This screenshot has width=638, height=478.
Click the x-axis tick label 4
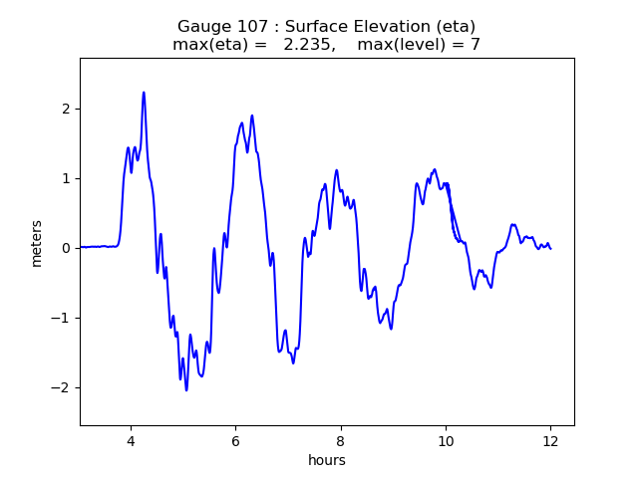130,442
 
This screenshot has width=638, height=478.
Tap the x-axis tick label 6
235,442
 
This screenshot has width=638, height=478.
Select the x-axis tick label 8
340,442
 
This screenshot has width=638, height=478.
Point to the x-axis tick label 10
446,442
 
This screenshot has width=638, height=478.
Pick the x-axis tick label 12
550,442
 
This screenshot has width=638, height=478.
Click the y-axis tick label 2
66,109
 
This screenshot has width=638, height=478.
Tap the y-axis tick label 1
66,178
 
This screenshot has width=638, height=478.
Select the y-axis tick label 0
66,248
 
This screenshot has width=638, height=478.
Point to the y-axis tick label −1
62,318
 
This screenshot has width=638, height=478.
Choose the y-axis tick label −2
62,387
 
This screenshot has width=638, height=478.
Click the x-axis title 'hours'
327,460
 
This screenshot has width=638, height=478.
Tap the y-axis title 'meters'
37,242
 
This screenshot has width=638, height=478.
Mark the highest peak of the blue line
144,93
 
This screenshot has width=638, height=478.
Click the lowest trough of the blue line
186,389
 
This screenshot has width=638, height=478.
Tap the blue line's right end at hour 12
550,248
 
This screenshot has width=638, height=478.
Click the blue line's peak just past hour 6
252,116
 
